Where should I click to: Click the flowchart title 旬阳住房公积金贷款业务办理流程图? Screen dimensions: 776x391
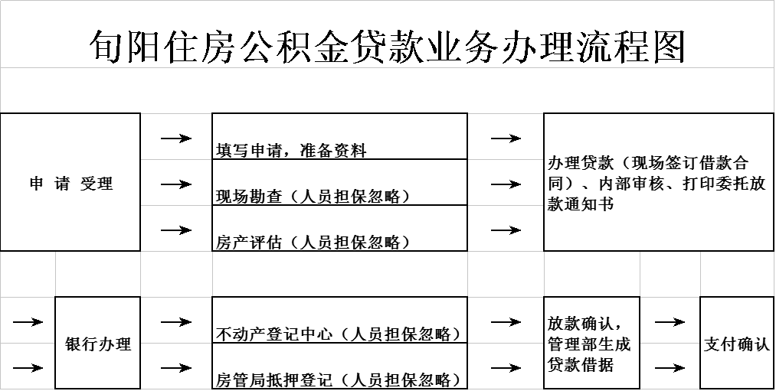[x=387, y=47]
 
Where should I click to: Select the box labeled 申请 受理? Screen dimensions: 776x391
[x=70, y=182]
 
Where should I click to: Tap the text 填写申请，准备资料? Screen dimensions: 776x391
[x=291, y=150]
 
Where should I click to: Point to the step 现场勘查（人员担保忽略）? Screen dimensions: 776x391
[x=313, y=196]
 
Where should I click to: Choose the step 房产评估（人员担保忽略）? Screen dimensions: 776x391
[x=313, y=242]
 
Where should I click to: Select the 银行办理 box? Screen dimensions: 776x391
[x=98, y=343]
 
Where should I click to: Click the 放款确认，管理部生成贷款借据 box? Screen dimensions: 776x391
[x=591, y=343]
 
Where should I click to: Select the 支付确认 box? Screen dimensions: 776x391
[x=737, y=343]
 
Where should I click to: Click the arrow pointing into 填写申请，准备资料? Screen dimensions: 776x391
[x=176, y=138]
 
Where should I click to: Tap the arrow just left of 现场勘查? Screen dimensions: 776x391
[x=176, y=184]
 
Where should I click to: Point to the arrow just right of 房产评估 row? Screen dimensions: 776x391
[x=506, y=230]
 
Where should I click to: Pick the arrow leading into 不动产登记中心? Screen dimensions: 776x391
[x=176, y=322]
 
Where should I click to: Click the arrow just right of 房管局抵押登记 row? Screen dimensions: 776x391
[x=506, y=368]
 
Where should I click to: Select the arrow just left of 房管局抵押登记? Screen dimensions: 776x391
[x=176, y=368]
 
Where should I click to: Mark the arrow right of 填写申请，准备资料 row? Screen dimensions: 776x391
[x=506, y=138]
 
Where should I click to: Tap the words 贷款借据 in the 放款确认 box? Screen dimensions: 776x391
[x=581, y=365]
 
